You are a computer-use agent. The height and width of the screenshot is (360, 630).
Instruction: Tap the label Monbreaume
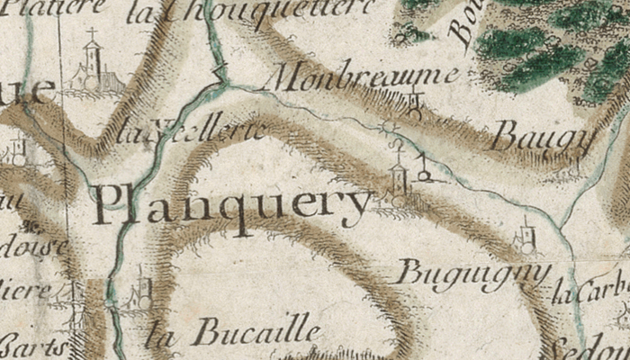(x=364, y=79)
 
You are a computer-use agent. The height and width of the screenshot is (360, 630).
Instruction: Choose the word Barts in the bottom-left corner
(x=36, y=346)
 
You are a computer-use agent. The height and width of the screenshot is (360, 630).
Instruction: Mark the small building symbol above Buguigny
(x=526, y=238)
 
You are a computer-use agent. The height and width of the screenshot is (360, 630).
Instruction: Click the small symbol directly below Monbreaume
(x=414, y=106)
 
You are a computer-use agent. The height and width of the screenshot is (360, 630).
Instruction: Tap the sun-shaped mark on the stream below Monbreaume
(x=388, y=126)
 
